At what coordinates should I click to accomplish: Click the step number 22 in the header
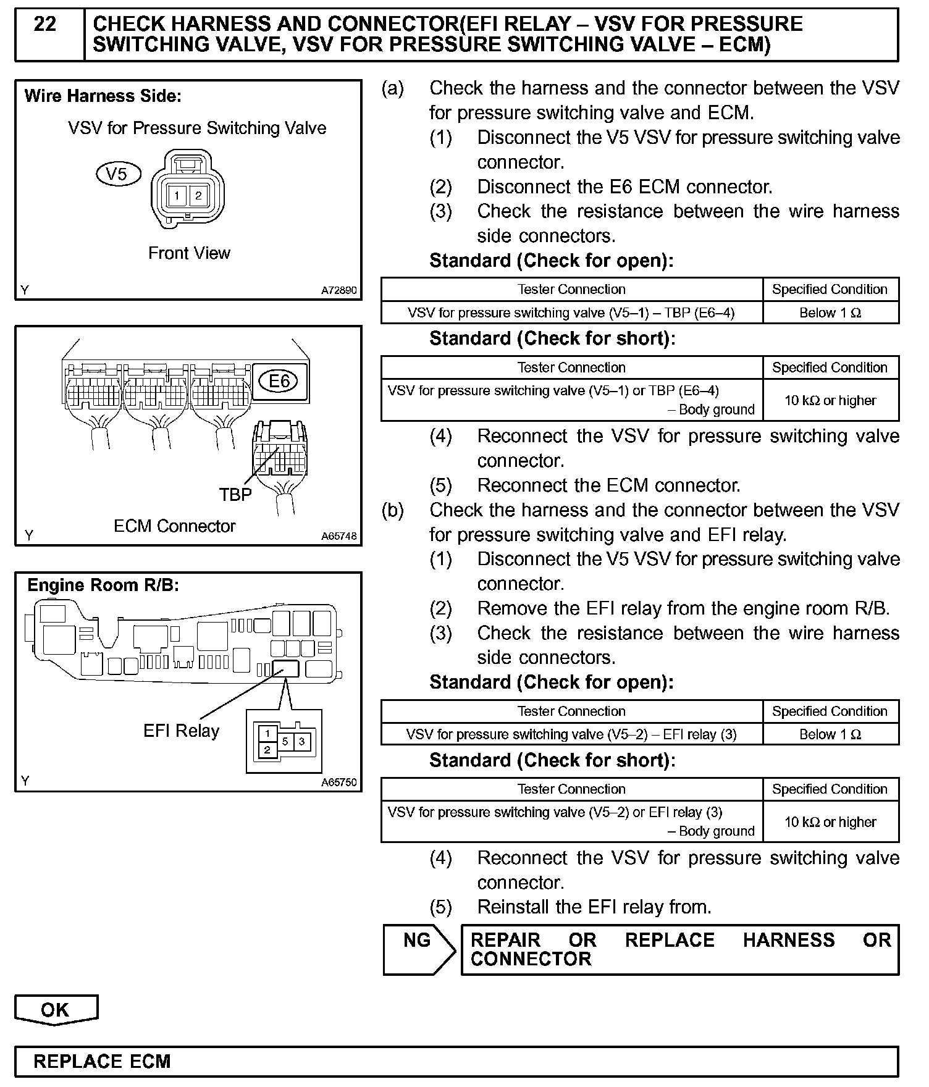(x=45, y=25)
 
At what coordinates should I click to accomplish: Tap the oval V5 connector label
(x=117, y=174)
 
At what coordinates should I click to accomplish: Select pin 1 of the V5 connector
(x=177, y=196)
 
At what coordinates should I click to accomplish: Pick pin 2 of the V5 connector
(x=198, y=196)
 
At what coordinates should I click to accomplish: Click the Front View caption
(x=189, y=253)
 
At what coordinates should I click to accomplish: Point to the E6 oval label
(x=279, y=381)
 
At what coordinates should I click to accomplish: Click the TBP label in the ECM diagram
(x=235, y=495)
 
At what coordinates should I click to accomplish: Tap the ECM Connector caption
(x=175, y=526)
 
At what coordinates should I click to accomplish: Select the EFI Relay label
(x=182, y=731)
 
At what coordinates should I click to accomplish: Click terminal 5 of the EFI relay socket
(x=285, y=741)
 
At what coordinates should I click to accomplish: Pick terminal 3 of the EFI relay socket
(x=301, y=741)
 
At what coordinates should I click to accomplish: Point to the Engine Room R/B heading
(x=103, y=585)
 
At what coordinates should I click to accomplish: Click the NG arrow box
(x=418, y=949)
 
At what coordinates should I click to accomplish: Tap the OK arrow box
(x=56, y=1010)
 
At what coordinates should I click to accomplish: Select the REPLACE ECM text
(x=102, y=1062)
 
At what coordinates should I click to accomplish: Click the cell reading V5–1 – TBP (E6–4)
(x=571, y=313)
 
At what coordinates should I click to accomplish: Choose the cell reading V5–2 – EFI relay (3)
(x=571, y=734)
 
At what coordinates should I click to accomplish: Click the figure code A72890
(x=338, y=290)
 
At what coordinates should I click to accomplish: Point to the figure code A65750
(x=338, y=783)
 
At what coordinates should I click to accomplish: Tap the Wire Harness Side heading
(x=103, y=96)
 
